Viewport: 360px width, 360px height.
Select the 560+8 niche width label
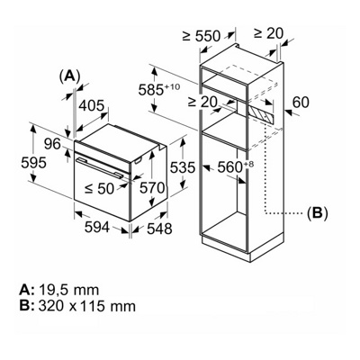[x=241, y=166]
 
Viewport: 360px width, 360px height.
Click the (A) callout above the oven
[x=69, y=76]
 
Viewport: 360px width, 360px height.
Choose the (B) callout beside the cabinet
[x=317, y=213]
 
